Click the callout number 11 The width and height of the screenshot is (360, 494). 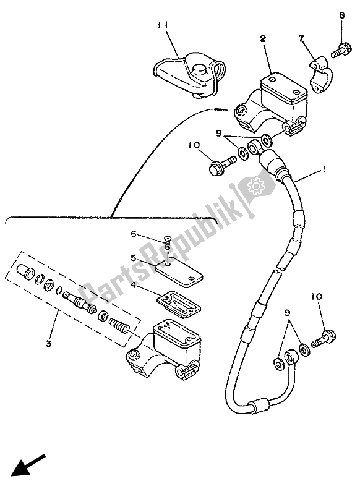(163, 25)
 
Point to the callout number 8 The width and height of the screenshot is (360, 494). (340, 15)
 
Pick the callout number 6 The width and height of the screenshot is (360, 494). (132, 233)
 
